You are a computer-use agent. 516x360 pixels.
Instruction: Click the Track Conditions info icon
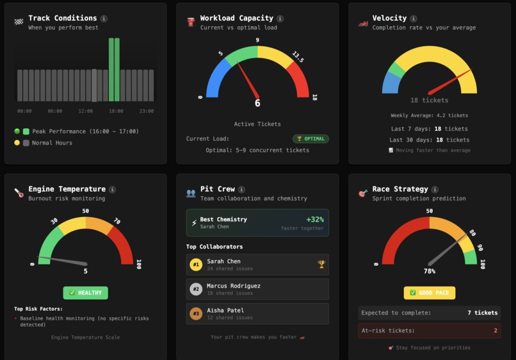104,19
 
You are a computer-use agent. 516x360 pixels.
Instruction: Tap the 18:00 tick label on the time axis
116,111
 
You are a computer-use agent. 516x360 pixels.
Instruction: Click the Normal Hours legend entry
52,143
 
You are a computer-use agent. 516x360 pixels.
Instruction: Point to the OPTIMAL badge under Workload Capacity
310,138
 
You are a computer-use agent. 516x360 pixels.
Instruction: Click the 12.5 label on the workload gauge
297,56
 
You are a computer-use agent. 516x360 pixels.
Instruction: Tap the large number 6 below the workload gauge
257,103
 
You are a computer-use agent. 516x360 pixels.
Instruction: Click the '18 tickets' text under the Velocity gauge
429,100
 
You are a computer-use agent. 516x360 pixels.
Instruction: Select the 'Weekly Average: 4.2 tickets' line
429,115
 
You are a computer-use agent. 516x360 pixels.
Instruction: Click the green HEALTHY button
85,293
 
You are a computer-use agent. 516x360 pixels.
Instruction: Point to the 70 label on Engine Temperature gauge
117,221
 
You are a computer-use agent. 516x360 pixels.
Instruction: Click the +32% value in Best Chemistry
315,219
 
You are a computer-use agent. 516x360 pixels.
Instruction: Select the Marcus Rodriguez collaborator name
233,286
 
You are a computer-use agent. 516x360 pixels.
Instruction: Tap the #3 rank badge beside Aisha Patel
196,313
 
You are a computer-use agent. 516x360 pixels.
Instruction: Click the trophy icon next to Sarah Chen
321,263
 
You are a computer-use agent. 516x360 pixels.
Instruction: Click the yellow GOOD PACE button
429,293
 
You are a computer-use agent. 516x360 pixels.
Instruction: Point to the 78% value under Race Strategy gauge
429,271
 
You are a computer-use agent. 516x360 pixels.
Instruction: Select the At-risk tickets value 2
495,331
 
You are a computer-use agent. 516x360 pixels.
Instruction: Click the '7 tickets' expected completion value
482,313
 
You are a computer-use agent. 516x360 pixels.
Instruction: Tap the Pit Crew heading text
216,189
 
